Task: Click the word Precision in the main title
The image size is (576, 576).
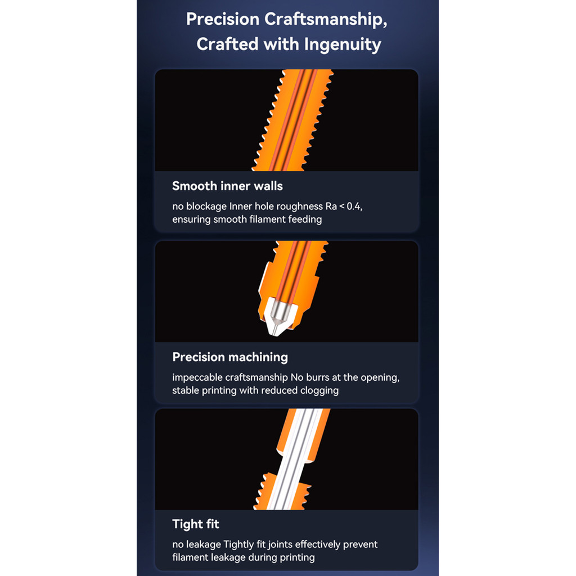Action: (x=223, y=19)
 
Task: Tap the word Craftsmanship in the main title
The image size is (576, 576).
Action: (x=326, y=20)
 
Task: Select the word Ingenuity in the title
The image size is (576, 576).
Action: (x=343, y=45)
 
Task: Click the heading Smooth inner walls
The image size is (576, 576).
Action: (x=227, y=186)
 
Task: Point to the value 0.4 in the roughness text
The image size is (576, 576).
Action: (x=354, y=206)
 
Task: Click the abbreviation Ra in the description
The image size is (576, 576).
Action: (x=331, y=206)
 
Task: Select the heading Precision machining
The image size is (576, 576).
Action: (x=230, y=357)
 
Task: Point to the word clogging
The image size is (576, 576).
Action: (x=319, y=390)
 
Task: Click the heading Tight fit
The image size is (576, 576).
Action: (x=196, y=524)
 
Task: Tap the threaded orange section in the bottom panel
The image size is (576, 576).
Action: (x=282, y=492)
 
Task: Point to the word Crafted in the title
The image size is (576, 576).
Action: (x=227, y=44)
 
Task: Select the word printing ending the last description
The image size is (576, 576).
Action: (x=297, y=557)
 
